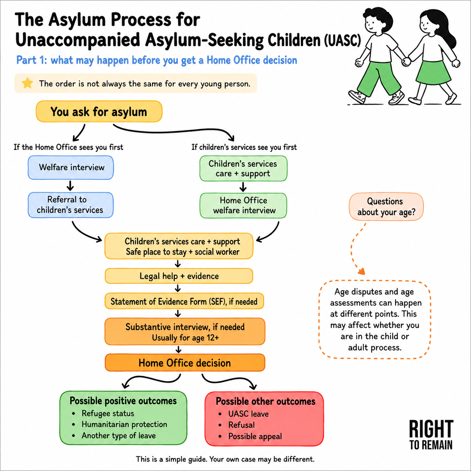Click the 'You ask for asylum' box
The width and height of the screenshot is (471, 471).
tap(99, 112)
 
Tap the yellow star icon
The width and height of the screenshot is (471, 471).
tap(27, 83)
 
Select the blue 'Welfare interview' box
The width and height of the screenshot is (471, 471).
tap(71, 168)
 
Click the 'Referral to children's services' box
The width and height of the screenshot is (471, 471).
tap(71, 205)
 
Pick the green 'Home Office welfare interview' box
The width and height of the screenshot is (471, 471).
tap(243, 205)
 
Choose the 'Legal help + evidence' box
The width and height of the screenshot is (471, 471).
tap(179, 276)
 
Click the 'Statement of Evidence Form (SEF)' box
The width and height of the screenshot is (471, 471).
tap(184, 301)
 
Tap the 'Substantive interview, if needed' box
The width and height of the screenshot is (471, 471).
tap(185, 331)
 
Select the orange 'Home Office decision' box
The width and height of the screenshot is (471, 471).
tap(185, 363)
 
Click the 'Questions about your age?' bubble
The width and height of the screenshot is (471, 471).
tap(386, 207)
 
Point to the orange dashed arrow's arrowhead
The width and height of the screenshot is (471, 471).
tap(362, 271)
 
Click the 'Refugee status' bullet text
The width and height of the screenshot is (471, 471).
tap(108, 413)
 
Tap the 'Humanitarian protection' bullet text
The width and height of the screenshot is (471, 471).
tap(124, 424)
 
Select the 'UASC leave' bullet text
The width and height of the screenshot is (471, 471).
tap(248, 414)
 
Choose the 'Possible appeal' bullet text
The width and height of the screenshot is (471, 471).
tap(255, 436)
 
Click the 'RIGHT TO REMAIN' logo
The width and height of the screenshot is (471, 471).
tap(431, 435)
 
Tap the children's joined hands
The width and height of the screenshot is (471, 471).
tap(406, 62)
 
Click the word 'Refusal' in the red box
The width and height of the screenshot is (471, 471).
tap(242, 425)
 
